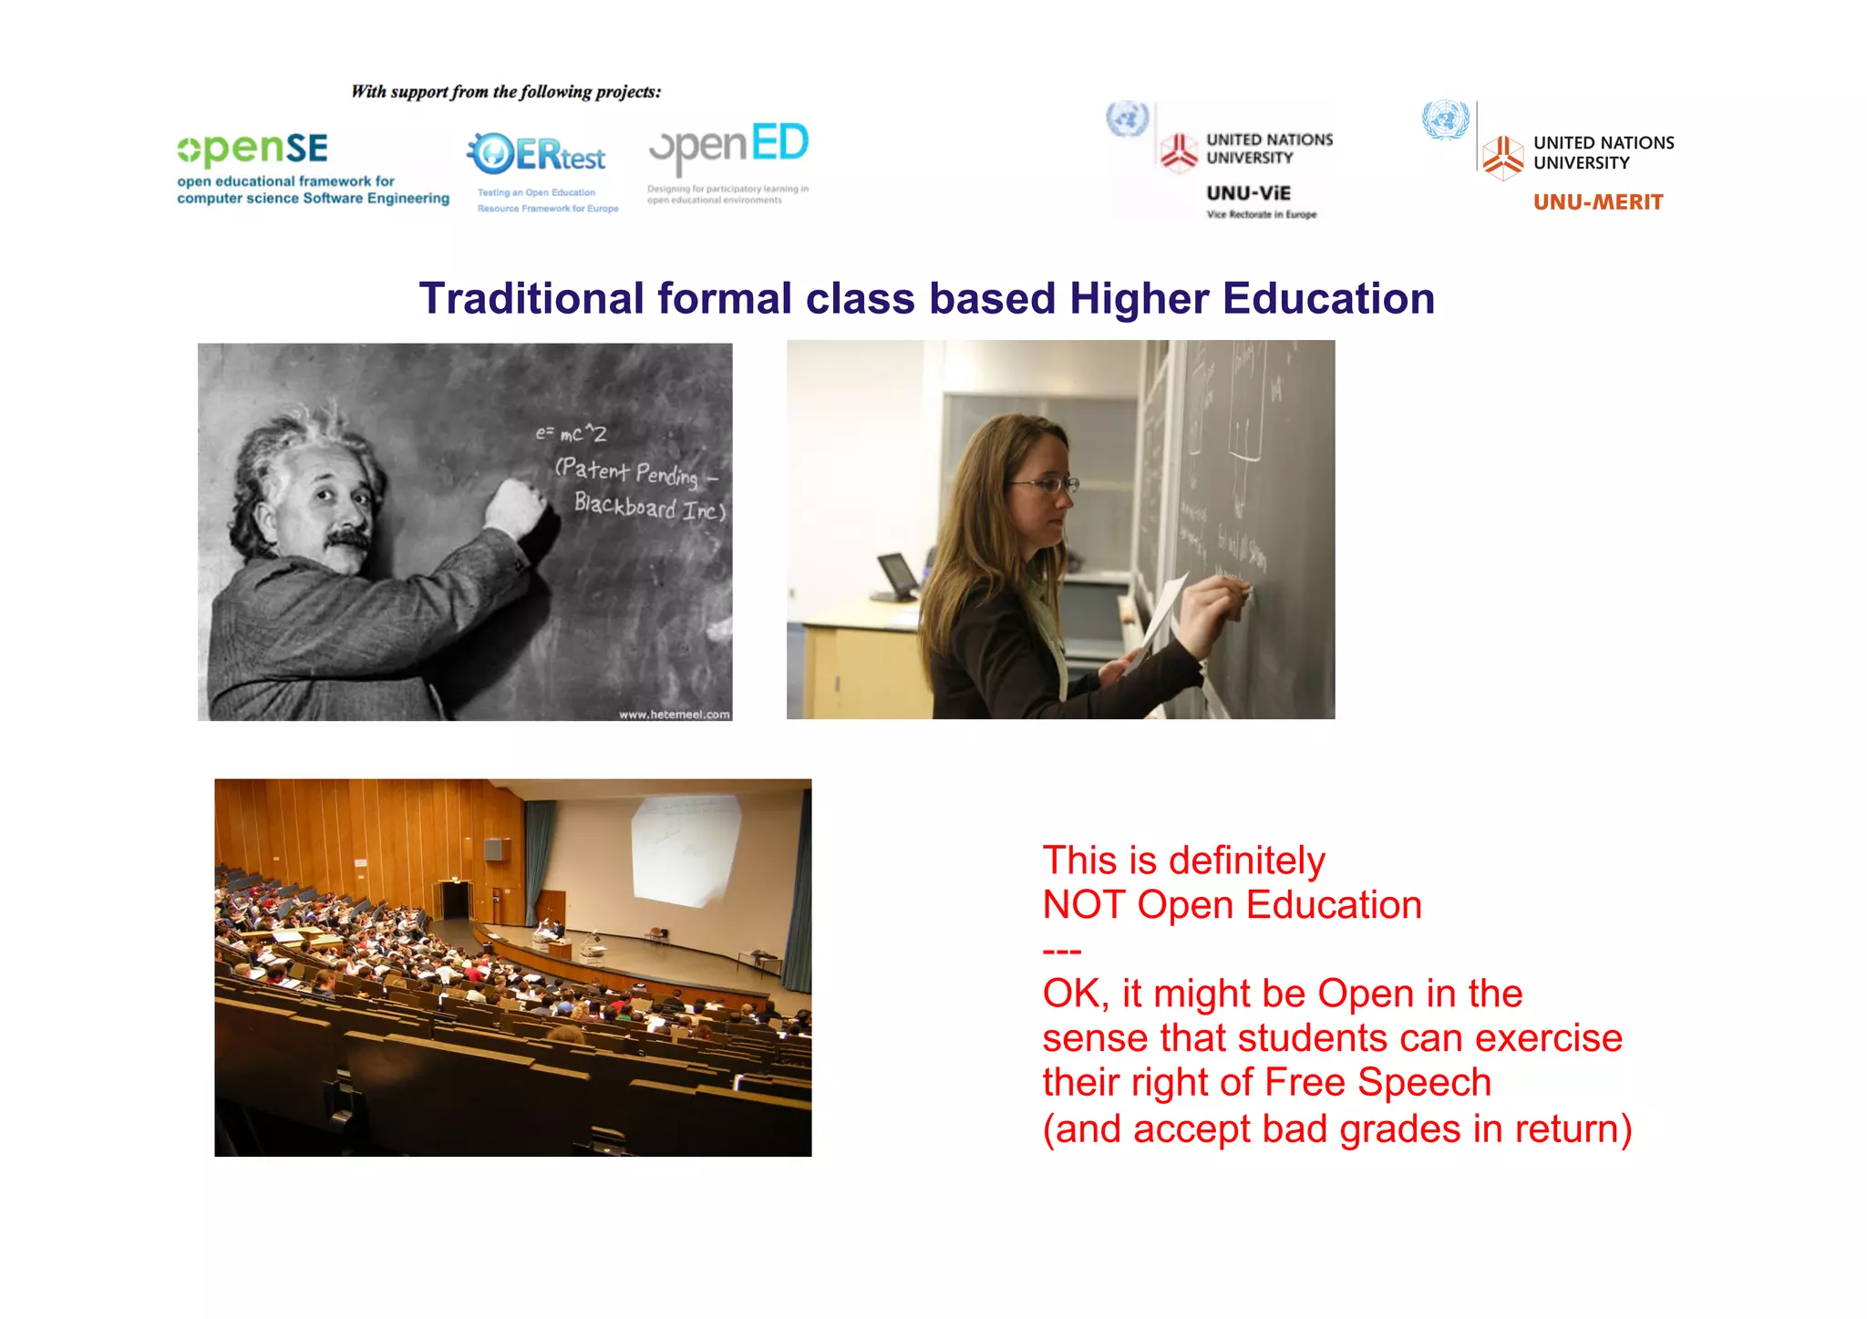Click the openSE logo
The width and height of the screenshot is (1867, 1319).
point(253,149)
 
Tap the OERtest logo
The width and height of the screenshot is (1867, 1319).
point(537,155)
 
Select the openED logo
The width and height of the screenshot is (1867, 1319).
point(728,147)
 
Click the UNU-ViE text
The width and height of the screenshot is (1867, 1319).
point(1248,193)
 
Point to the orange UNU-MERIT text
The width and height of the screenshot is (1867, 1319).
point(1598,202)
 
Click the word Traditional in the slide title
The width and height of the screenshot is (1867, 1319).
point(531,299)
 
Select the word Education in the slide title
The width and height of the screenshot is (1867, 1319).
point(1328,299)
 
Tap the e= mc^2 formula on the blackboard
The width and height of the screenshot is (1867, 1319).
point(571,433)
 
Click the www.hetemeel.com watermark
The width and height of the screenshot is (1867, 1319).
point(674,715)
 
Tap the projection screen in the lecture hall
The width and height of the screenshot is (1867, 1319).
point(684,848)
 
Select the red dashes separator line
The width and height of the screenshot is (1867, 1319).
point(1061,951)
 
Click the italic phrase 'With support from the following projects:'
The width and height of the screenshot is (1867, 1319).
point(506,92)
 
